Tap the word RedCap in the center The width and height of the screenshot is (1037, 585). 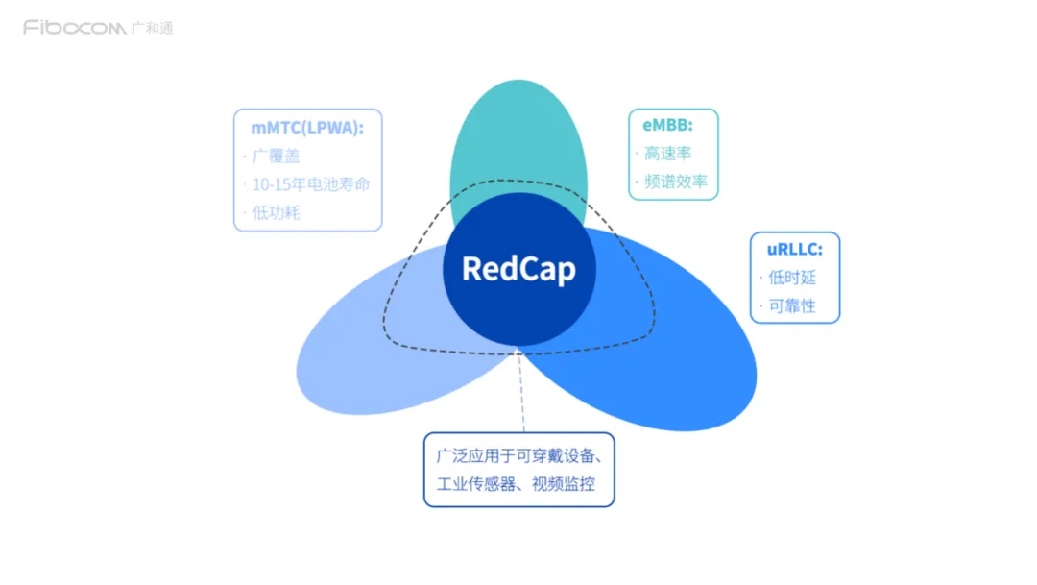[x=518, y=269]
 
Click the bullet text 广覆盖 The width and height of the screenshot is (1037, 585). [x=277, y=157]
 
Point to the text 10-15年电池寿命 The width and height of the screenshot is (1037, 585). [x=311, y=184]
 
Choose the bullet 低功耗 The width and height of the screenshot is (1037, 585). [x=277, y=212]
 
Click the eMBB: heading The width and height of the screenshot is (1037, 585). [x=667, y=124]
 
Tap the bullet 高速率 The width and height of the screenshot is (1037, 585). [x=668, y=153]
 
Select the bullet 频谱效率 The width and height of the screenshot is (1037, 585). [x=677, y=182]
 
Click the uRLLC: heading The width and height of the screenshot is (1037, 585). [x=794, y=249]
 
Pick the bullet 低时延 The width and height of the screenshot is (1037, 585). [x=792, y=278]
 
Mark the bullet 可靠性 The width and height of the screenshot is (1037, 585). [x=792, y=307]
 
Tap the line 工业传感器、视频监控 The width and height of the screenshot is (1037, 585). [x=517, y=483]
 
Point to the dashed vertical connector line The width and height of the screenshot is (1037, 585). [x=521, y=394]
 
